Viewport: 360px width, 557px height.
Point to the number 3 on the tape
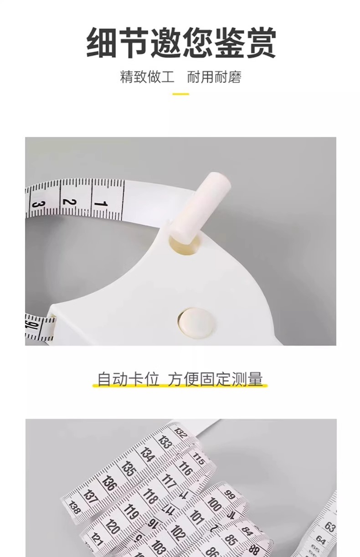tap(39, 205)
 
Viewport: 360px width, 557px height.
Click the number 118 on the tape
tap(150, 495)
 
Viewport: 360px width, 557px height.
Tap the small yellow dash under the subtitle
tap(180, 94)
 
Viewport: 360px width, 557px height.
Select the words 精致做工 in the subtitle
tap(147, 76)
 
